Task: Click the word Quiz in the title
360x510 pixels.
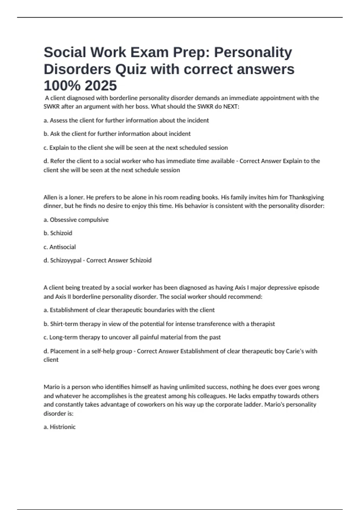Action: click(x=131, y=69)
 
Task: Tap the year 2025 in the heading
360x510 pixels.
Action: click(x=100, y=86)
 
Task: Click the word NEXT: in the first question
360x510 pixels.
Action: click(x=231, y=107)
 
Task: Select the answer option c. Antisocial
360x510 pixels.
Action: click(x=60, y=247)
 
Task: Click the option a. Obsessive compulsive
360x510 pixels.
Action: click(x=76, y=220)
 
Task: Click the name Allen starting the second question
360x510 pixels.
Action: click(x=50, y=197)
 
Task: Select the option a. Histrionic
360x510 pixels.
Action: click(x=59, y=427)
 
